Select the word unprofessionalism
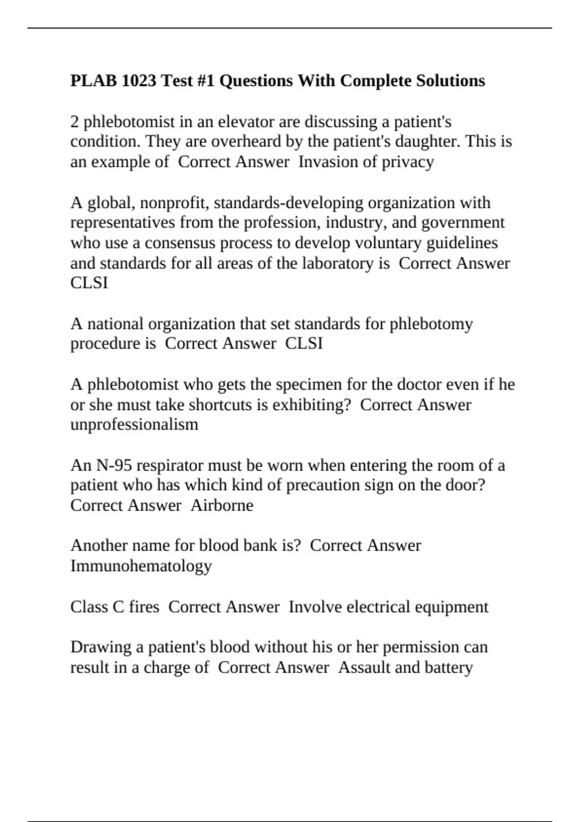tap(134, 425)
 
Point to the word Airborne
tap(222, 505)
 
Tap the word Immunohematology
tap(141, 566)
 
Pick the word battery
tap(448, 668)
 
